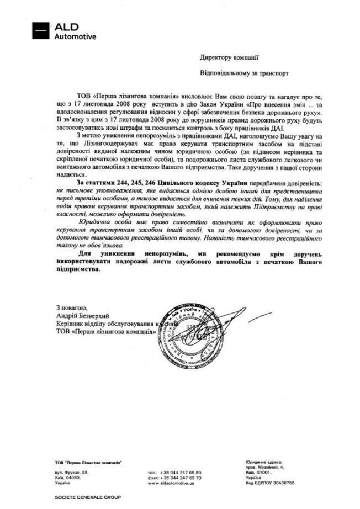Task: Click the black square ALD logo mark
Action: coord(40,31)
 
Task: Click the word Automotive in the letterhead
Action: coord(75,37)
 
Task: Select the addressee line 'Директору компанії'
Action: coord(230,57)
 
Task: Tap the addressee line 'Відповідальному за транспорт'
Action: coord(244,72)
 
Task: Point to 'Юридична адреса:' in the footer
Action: coord(264,462)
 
